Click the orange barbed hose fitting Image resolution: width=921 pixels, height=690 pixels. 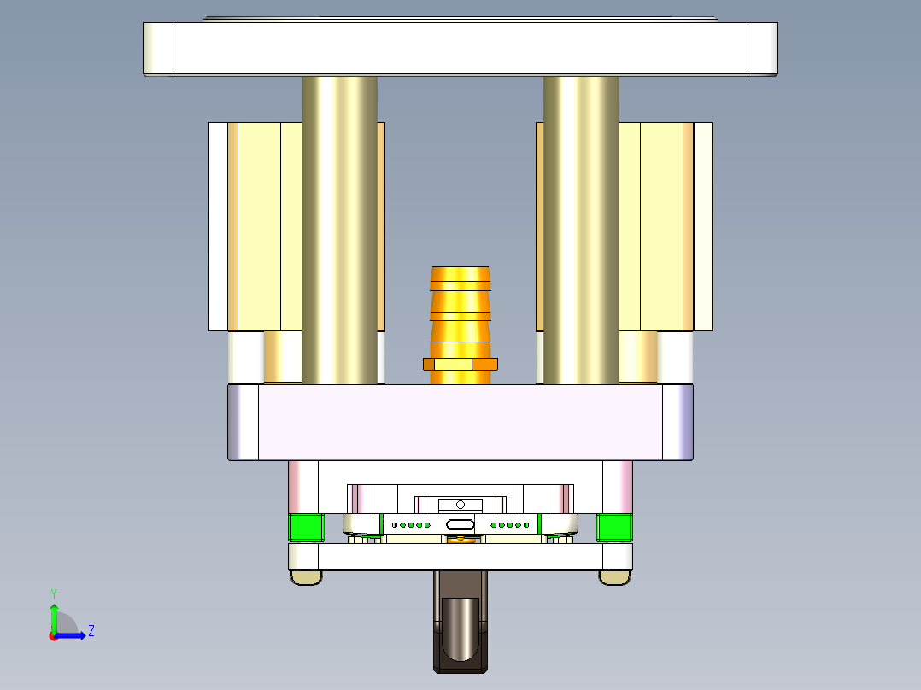460,307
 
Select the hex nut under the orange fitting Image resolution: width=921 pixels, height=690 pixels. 460,365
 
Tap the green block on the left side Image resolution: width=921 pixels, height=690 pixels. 306,528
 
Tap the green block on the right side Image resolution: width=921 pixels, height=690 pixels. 614,528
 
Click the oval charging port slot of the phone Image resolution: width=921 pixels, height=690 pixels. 460,525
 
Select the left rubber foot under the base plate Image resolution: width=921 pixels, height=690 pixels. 307,578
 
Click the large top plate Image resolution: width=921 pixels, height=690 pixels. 460,48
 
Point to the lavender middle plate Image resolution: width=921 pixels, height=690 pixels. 460,422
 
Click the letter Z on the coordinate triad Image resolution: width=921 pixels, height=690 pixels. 91,631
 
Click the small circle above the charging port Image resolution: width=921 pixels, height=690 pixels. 460,505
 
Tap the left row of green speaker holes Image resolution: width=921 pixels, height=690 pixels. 410,525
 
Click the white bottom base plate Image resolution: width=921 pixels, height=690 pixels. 460,558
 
